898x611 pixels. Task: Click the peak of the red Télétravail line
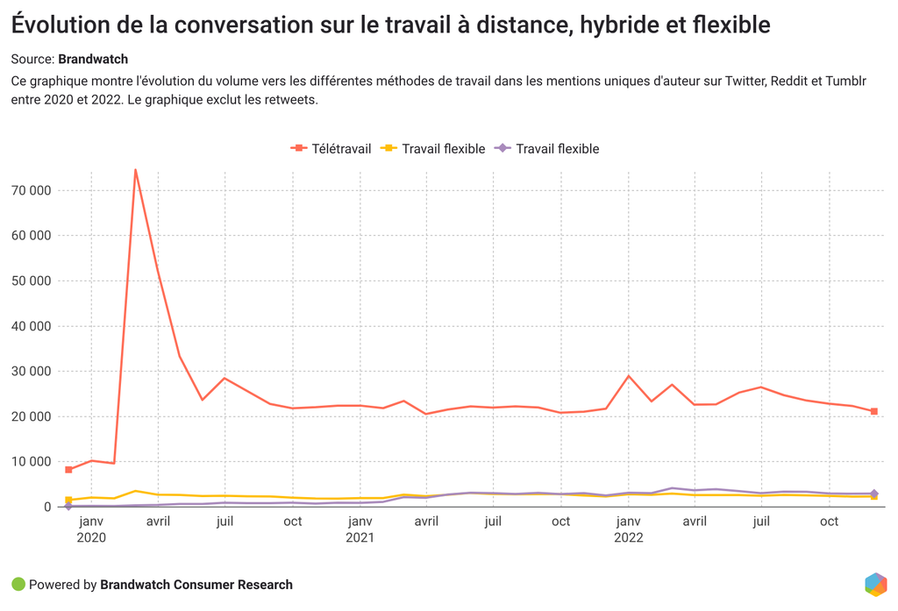click(x=135, y=169)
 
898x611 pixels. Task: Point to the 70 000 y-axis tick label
click(x=30, y=190)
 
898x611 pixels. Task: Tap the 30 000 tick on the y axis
click(x=30, y=371)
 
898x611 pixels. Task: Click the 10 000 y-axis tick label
click(x=30, y=461)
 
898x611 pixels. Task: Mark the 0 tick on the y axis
click(x=48, y=507)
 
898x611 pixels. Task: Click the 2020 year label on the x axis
click(x=91, y=537)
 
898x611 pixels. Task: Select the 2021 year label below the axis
click(x=360, y=537)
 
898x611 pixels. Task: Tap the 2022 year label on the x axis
click(x=628, y=537)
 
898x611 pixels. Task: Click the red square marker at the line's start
click(x=68, y=470)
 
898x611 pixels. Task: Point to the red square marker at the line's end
click(x=873, y=411)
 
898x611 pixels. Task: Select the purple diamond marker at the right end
click(x=873, y=494)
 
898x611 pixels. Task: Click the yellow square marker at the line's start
click(x=68, y=500)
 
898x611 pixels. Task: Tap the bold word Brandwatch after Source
click(x=93, y=60)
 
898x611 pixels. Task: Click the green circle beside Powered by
click(x=18, y=585)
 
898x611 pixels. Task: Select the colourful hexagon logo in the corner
click(x=875, y=584)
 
